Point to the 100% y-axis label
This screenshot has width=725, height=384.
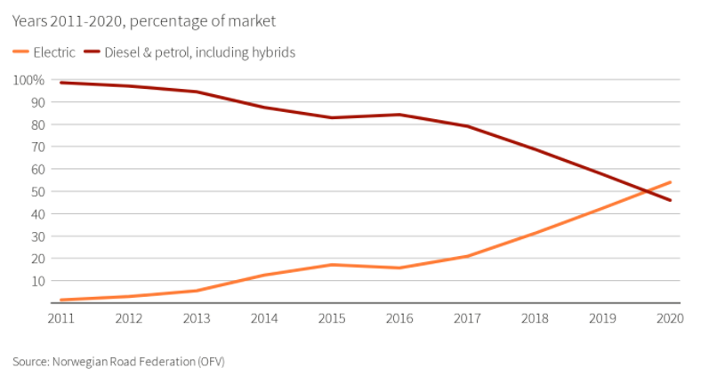28,80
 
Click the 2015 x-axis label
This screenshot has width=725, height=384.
332,318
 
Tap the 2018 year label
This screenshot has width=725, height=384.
535,318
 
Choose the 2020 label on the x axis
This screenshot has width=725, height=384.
669,318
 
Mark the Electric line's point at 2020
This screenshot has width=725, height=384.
670,182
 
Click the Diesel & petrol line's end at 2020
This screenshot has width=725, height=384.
670,200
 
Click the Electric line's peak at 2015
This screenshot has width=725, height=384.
332,265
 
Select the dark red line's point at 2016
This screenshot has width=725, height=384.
399,115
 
